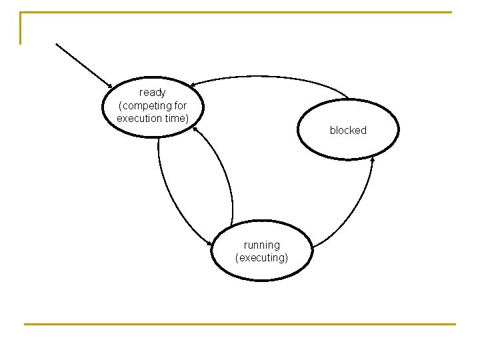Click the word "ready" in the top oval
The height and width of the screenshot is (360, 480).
(x=153, y=93)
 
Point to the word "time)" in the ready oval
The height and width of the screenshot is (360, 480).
(x=177, y=118)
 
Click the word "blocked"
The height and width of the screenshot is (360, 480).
(x=348, y=131)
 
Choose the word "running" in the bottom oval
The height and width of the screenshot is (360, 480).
(x=262, y=245)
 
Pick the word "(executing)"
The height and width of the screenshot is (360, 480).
(x=262, y=257)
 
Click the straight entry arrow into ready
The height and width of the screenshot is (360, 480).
(x=83, y=65)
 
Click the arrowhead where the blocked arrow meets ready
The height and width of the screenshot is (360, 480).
(x=191, y=85)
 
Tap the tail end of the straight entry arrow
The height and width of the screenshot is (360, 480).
(x=57, y=44)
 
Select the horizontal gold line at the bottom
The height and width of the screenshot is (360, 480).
(x=240, y=324)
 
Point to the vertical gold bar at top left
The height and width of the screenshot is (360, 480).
(x=21, y=28)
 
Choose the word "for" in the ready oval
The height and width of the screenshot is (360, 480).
(x=179, y=105)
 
